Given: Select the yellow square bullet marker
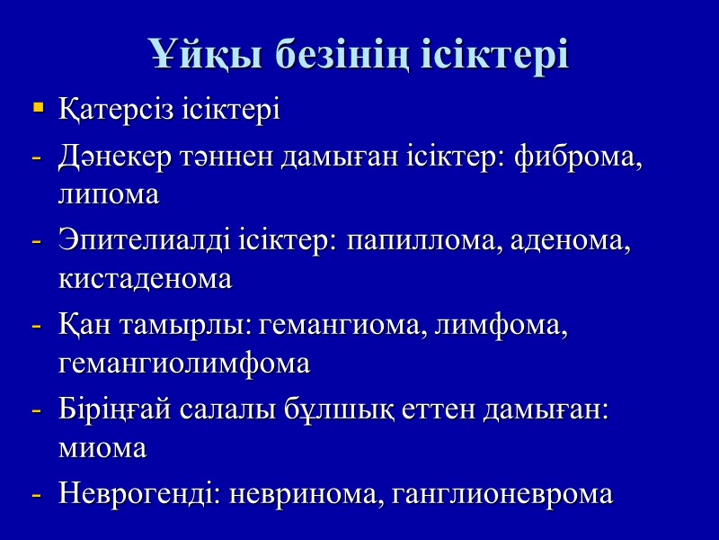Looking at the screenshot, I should pyautogui.click(x=38, y=109).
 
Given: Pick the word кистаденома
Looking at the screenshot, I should pyautogui.click(x=145, y=279).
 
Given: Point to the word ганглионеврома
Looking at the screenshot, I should pyautogui.click(x=502, y=494).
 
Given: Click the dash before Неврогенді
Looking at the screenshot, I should pyautogui.click(x=37, y=494).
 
